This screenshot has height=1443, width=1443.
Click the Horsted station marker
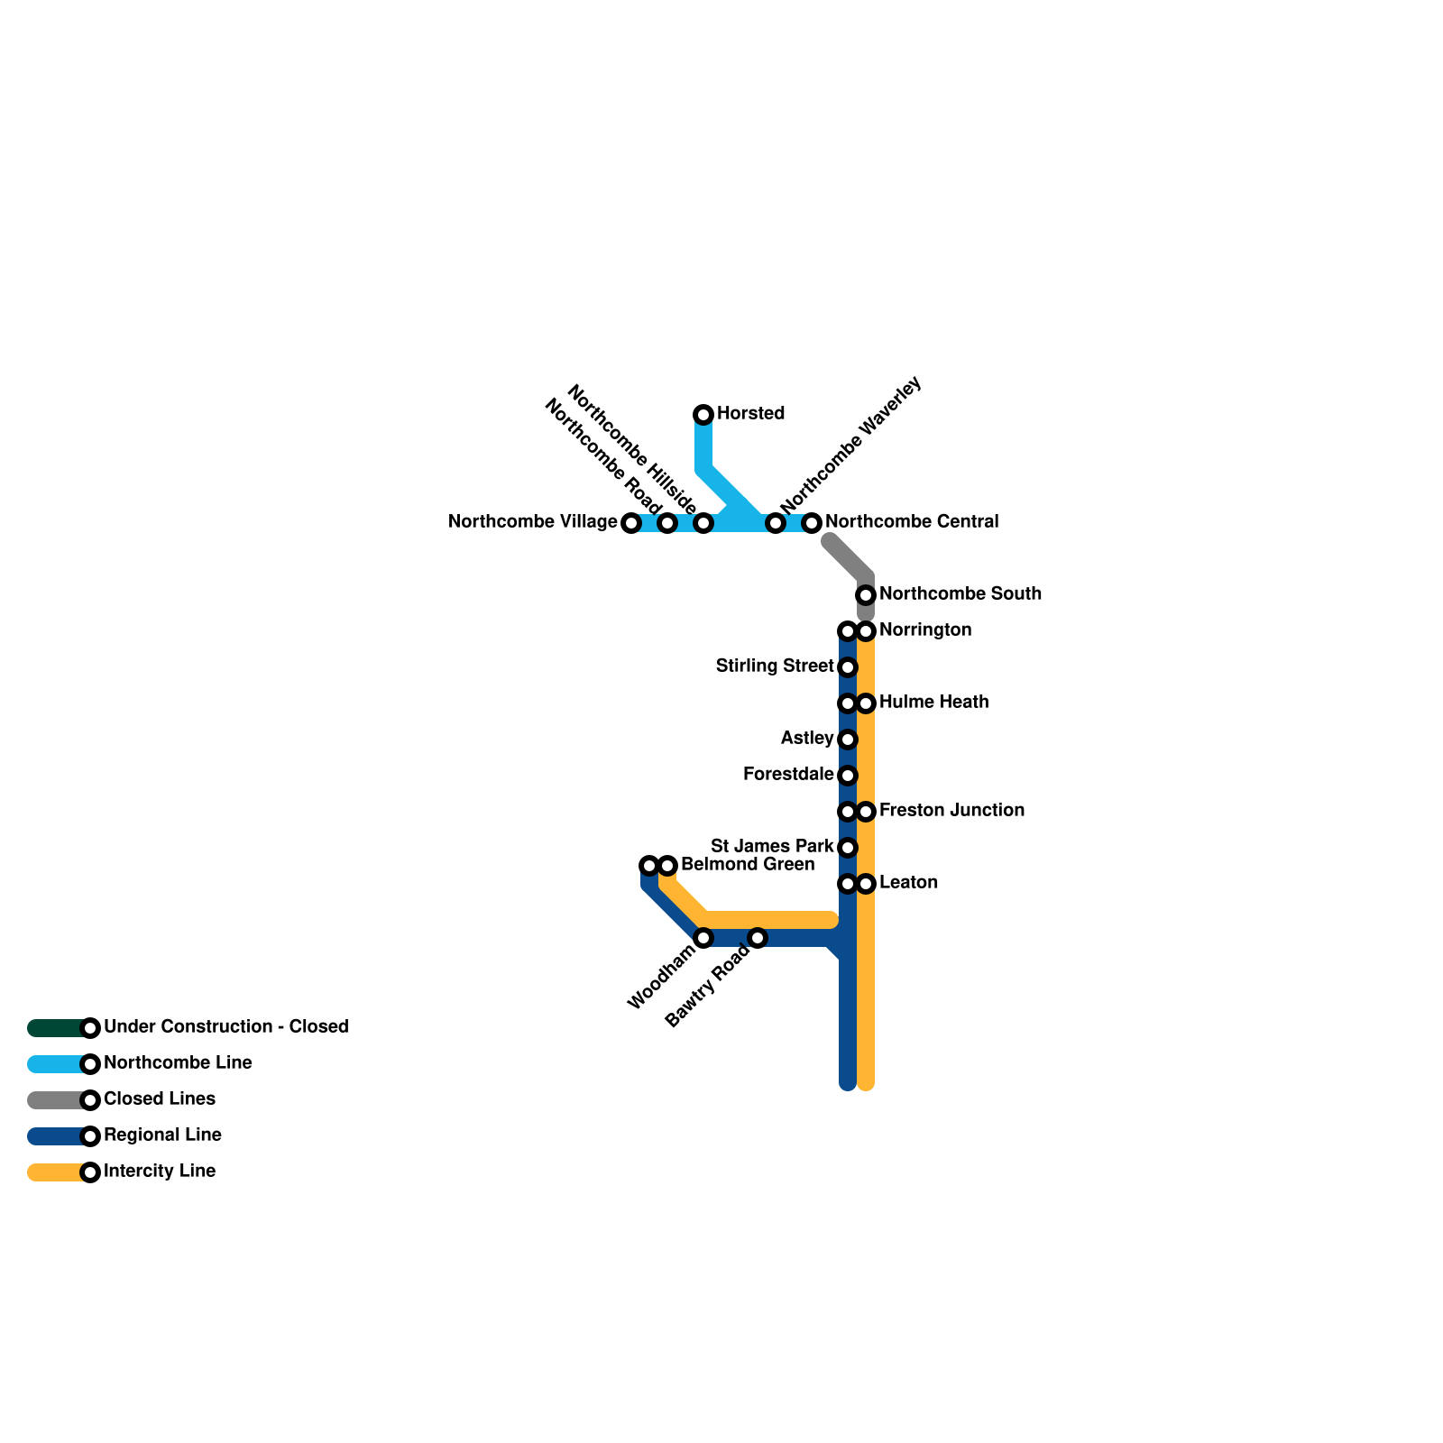pyautogui.click(x=703, y=415)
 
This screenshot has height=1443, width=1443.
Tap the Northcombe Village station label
pyautogui.click(x=532, y=522)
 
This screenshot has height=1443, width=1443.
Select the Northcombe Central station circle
pyautogui.click(x=812, y=522)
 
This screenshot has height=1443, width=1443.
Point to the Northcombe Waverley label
pyautogui.click(x=851, y=444)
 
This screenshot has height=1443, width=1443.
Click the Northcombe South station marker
pyautogui.click(x=866, y=595)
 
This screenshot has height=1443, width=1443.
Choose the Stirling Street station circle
pyautogui.click(x=848, y=667)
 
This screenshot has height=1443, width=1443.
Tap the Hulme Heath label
pyautogui.click(x=933, y=702)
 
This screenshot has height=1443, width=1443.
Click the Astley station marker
pyautogui.click(x=848, y=740)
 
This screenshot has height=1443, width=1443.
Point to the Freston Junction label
pyautogui.click(x=951, y=810)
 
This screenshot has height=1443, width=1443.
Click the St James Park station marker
pyautogui.click(x=848, y=848)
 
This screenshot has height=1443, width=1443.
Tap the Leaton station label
pyautogui.click(x=908, y=882)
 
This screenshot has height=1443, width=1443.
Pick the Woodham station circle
pyautogui.click(x=703, y=938)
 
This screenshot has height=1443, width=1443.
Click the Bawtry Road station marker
pyautogui.click(x=758, y=938)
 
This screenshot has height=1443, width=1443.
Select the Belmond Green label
pyautogui.click(x=747, y=865)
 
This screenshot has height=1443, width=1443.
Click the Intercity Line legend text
pyautogui.click(x=160, y=1172)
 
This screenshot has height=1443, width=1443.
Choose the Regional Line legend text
pyautogui.click(x=162, y=1135)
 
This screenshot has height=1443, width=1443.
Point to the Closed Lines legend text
pyautogui.click(x=160, y=1099)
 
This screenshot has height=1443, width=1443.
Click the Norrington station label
pyautogui.click(x=924, y=630)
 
